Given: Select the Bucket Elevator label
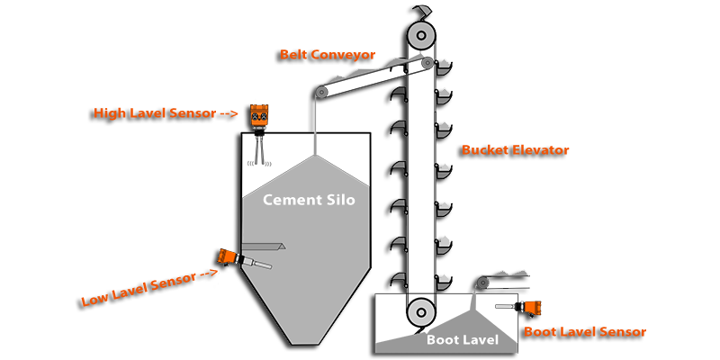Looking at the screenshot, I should (515, 150).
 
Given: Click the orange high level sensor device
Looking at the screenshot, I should (260, 117).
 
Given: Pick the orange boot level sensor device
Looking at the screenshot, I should (531, 309).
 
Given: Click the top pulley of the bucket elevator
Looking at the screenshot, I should (418, 36).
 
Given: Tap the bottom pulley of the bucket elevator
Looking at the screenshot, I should (419, 313).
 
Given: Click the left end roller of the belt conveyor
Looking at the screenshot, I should (321, 91).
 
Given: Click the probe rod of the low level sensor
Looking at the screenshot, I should (259, 265).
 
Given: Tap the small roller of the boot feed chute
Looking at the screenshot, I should (483, 283).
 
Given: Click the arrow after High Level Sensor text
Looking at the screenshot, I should (228, 114).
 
